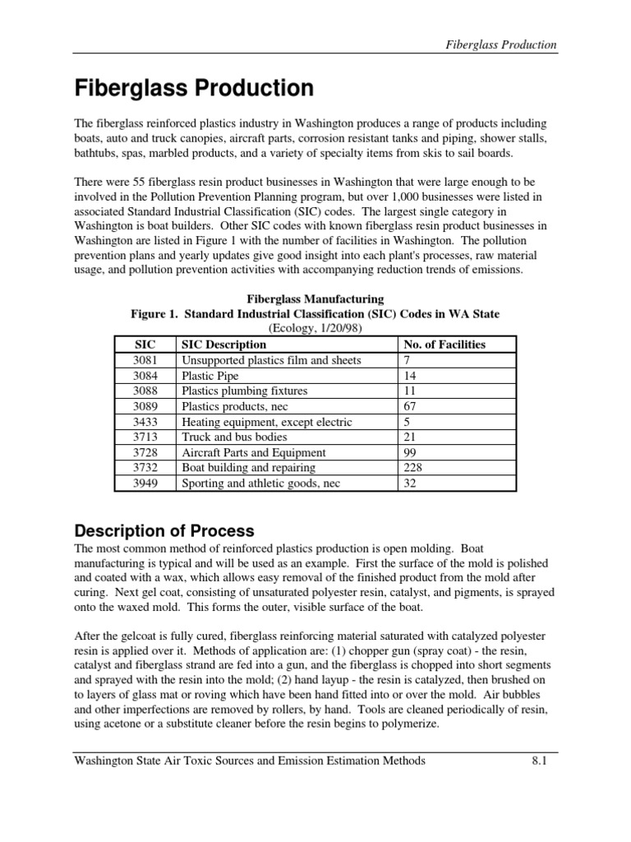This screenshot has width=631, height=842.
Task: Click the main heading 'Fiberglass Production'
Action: (x=194, y=88)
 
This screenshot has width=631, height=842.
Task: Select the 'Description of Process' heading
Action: (x=164, y=530)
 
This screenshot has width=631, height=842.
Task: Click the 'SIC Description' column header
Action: (x=223, y=345)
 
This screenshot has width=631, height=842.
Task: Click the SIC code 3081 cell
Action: (x=145, y=360)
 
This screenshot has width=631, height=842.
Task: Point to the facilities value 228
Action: (x=412, y=468)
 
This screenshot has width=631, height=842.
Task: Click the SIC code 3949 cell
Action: (x=145, y=483)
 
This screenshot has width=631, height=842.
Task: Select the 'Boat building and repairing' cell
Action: (x=249, y=468)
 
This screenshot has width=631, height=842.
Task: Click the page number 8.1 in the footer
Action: (x=539, y=761)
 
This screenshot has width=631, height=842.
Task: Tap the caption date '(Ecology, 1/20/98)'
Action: (x=315, y=328)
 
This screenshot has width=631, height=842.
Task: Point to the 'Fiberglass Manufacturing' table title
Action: (x=315, y=298)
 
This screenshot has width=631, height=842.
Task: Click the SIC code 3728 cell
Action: (x=145, y=452)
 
